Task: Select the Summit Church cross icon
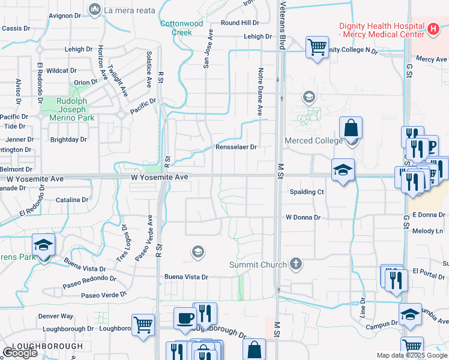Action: coord(295,263)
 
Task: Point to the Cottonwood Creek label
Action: coord(182,28)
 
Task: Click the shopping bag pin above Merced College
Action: coord(351,128)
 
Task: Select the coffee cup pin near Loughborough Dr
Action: coord(185,318)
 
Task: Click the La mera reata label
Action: coord(130,10)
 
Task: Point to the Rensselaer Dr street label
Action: coord(237,147)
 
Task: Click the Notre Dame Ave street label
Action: coord(261,92)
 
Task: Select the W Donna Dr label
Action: coord(303,217)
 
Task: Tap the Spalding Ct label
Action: coord(307,192)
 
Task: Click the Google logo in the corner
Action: coord(20,353)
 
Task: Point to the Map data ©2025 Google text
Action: coord(411,355)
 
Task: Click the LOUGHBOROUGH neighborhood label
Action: coord(47,346)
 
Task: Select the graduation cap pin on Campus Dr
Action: coord(410,314)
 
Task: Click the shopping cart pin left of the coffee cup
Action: coord(143,325)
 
